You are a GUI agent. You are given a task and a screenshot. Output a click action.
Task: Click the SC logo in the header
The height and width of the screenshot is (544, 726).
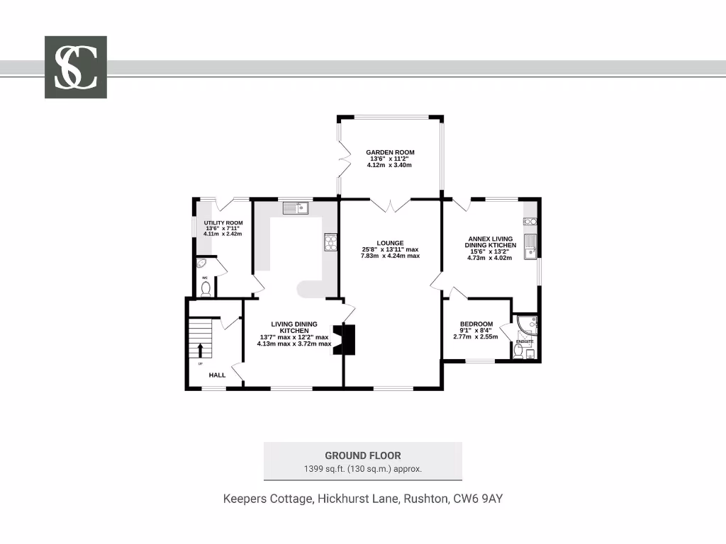click(76, 67)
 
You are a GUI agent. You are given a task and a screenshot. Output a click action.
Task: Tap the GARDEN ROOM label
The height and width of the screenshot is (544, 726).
click(390, 152)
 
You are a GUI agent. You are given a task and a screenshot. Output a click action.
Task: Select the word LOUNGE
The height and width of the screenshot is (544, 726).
click(390, 243)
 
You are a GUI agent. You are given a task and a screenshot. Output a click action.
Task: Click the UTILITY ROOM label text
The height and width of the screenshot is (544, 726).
click(223, 223)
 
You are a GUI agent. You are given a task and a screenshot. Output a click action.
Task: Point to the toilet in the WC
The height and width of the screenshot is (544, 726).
click(206, 288)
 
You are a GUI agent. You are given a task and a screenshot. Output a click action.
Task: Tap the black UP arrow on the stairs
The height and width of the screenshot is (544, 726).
click(201, 350)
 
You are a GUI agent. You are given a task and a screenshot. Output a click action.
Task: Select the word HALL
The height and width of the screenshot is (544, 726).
click(217, 375)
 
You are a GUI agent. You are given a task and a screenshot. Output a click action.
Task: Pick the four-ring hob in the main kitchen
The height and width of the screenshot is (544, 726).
click(330, 242)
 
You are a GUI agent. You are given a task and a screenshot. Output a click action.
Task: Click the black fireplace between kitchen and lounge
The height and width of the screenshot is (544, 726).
click(347, 339)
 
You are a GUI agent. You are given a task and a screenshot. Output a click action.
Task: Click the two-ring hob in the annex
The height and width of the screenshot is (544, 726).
click(530, 222)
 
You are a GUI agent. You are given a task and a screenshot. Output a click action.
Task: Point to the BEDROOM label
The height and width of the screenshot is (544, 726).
click(476, 324)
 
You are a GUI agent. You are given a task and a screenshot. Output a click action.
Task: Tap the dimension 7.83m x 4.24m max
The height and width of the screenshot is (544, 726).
click(390, 256)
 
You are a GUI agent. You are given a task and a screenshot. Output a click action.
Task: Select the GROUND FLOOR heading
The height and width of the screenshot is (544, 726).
click(362, 455)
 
